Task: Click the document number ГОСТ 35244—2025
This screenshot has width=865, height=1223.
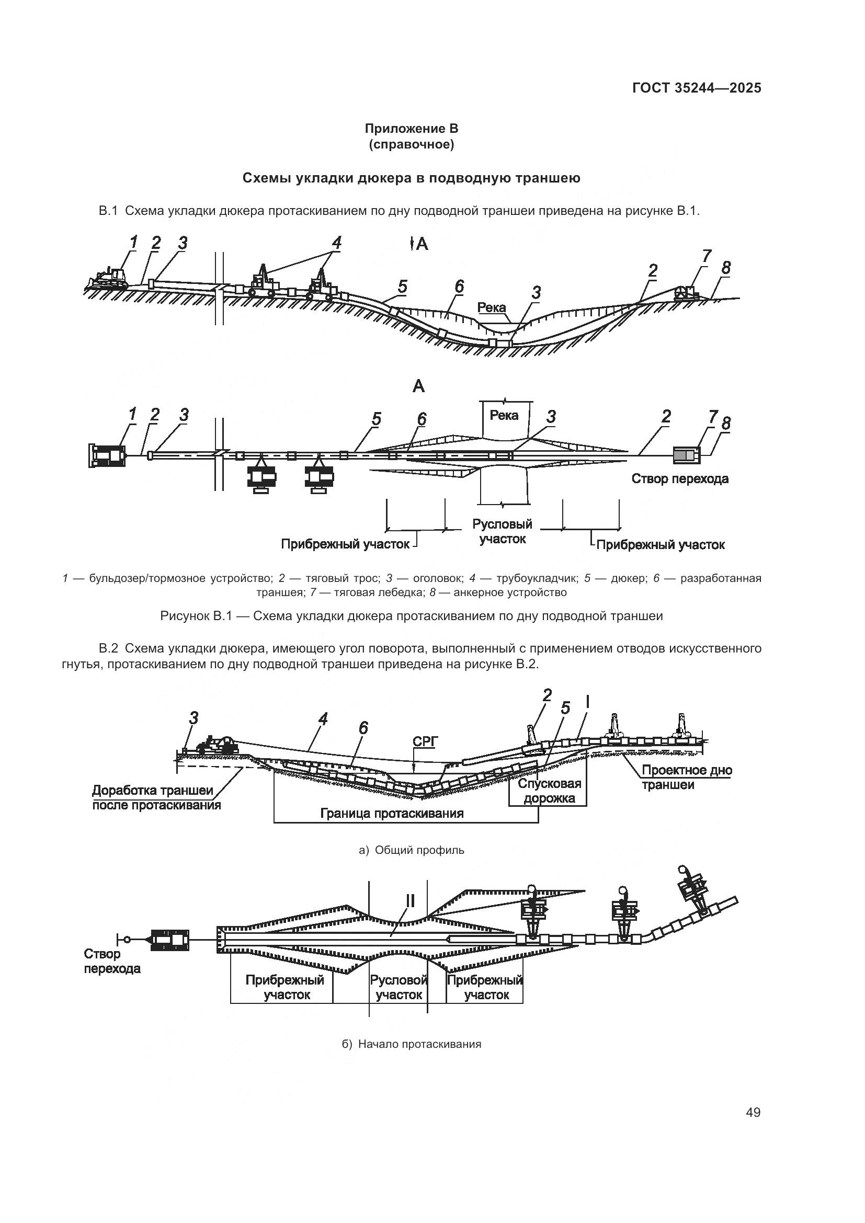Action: (696, 88)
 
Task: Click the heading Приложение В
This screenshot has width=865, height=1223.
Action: (411, 129)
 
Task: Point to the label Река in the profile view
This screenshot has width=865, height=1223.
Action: (491, 307)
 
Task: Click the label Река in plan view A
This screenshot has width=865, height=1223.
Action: (504, 415)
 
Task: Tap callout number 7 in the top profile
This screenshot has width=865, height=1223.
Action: (706, 256)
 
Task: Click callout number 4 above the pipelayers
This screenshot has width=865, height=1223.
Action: (336, 243)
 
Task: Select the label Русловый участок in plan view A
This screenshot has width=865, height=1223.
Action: (502, 532)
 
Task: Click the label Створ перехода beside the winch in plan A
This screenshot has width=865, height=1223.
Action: (680, 478)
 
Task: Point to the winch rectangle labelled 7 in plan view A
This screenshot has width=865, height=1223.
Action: (686, 455)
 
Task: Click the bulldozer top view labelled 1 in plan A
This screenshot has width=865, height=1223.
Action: (108, 455)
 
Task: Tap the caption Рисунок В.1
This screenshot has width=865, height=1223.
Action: (411, 616)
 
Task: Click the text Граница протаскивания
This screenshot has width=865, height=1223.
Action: (392, 814)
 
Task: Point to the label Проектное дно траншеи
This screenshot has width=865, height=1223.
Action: (686, 777)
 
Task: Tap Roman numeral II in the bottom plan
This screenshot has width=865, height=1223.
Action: (410, 901)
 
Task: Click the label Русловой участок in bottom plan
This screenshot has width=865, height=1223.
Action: (399, 987)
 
